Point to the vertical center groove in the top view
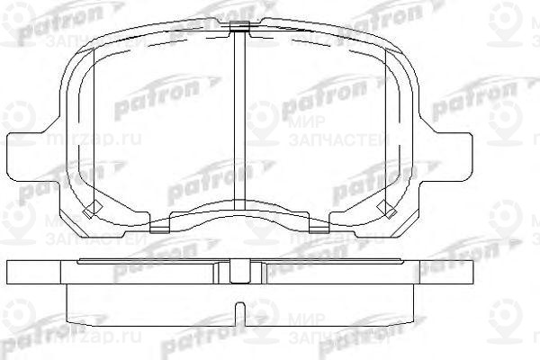[238, 117]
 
